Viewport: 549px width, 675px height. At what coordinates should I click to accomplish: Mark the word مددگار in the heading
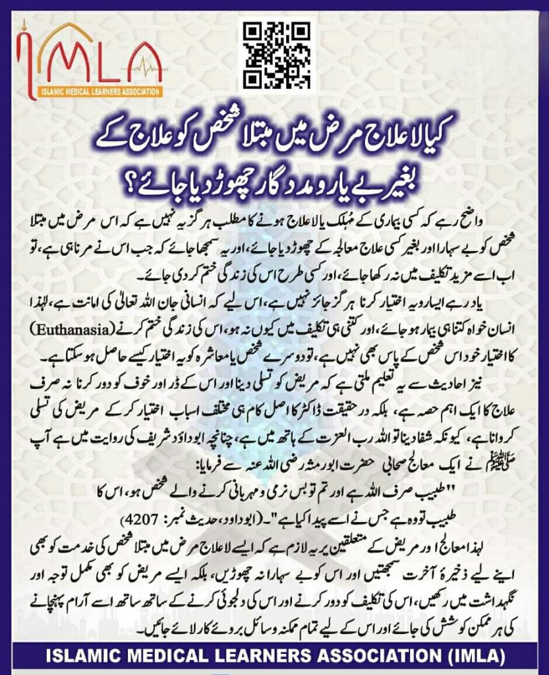266,179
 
